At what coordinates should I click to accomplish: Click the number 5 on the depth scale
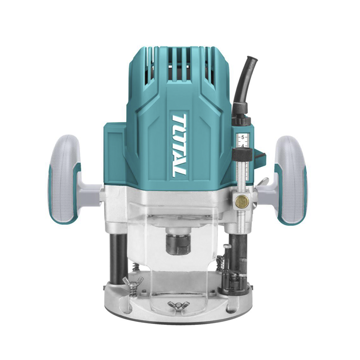tap(243, 138)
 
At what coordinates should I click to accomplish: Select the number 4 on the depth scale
tap(243, 146)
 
